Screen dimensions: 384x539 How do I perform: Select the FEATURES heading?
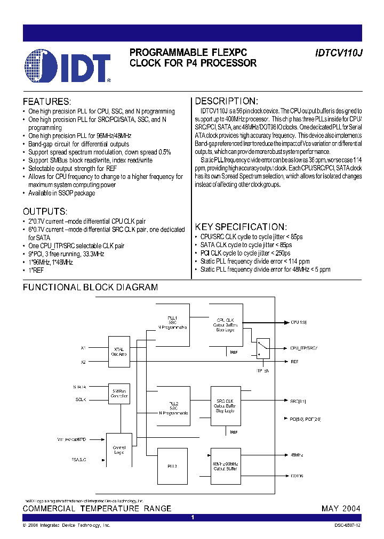click(x=46, y=101)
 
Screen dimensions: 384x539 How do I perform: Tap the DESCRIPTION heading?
click(x=227, y=101)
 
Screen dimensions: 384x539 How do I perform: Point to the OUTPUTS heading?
click(x=45, y=211)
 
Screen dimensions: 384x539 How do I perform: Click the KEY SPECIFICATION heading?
click(x=241, y=226)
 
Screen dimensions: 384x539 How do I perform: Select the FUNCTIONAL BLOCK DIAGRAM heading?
click(x=90, y=287)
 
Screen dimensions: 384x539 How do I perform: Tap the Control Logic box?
click(x=119, y=450)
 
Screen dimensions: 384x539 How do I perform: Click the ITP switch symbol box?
click(x=262, y=348)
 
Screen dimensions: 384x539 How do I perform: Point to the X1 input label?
click(x=83, y=348)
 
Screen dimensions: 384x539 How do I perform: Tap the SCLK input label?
click(x=81, y=399)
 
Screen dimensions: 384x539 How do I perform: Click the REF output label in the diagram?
click(x=294, y=362)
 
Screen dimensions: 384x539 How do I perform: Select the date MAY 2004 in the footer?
click(x=341, y=509)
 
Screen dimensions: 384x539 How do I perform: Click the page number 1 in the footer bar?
click(x=193, y=518)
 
